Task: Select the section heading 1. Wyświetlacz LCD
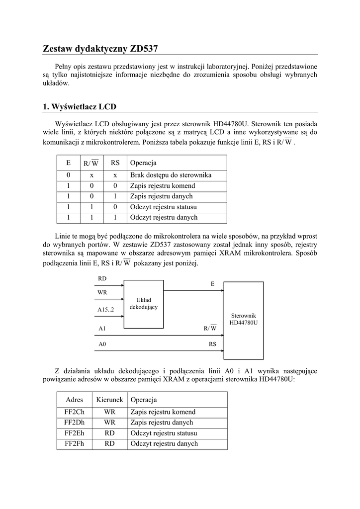80,106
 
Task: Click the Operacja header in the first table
143,163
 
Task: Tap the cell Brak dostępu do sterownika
171,175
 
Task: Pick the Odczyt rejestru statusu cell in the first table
164,207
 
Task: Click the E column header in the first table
68,163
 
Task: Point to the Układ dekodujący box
143,304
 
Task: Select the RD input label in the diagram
102,278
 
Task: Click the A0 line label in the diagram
102,343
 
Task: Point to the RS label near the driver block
212,343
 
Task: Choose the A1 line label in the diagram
102,328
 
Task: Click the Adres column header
74,400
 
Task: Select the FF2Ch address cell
74,412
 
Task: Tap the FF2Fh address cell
74,443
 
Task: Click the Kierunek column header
109,400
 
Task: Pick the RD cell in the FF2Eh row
109,433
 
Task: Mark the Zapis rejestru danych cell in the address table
162,423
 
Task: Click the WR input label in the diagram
102,293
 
